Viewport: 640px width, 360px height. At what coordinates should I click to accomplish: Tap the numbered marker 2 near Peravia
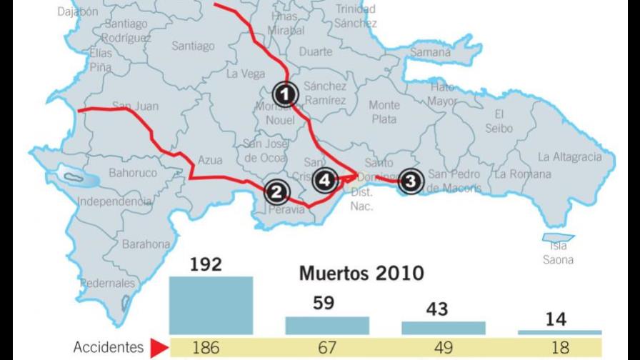(276, 191)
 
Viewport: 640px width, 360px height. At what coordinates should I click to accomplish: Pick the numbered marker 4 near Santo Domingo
(325, 181)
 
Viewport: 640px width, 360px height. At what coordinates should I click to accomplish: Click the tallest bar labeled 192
(211, 305)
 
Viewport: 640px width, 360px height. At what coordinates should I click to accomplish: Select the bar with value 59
(327, 325)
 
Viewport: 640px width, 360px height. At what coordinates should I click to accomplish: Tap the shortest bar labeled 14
(559, 332)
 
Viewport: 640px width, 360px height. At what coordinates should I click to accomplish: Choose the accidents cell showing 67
(327, 348)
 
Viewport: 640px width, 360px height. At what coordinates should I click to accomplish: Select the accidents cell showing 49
(443, 348)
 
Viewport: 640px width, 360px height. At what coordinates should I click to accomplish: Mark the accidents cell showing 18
(559, 348)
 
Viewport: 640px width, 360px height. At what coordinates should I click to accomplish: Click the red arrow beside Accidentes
(159, 348)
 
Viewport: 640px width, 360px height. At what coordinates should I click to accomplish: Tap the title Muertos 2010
(361, 274)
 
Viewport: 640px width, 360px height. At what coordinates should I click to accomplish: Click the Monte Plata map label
(384, 112)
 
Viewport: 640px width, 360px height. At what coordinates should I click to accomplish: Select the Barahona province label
(146, 244)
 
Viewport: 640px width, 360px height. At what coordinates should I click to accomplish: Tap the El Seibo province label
(499, 121)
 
